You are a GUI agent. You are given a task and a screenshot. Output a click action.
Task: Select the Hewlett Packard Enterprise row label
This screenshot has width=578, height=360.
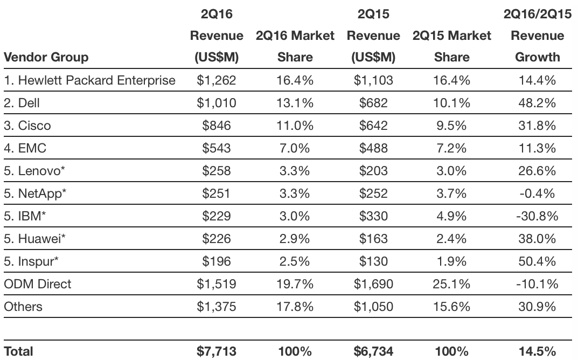pyautogui.click(x=89, y=81)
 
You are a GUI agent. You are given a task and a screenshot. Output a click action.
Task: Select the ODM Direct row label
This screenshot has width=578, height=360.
pyautogui.click(x=38, y=285)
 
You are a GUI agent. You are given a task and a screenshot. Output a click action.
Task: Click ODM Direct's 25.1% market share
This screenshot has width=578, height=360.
pyautogui.click(x=452, y=285)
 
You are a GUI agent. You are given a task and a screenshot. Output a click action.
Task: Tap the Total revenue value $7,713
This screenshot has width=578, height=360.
pyautogui.click(x=216, y=351)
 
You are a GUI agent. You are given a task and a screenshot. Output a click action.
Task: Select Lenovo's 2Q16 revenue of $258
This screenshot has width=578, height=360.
pyautogui.click(x=216, y=171)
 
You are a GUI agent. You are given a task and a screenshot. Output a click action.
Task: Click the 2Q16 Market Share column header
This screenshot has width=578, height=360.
pyautogui.click(x=295, y=46)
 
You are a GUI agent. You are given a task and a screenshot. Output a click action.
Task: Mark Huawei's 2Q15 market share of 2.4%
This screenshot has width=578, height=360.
pyautogui.click(x=452, y=239)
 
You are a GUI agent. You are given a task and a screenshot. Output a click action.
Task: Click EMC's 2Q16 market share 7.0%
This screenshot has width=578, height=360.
pyautogui.click(x=295, y=149)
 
